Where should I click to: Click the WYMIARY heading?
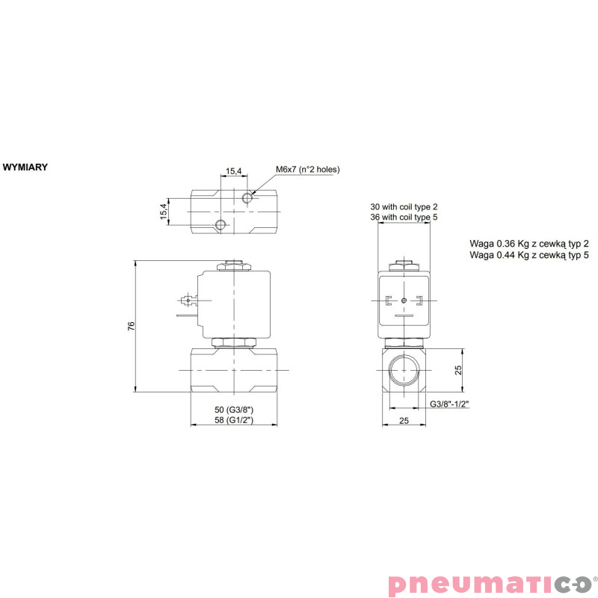point(25,167)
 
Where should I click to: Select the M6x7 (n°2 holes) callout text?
point(307,170)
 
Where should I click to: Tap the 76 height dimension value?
point(131,326)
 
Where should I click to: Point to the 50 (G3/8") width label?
point(234,410)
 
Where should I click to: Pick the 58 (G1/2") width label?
point(234,421)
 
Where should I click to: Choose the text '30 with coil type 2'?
point(404,206)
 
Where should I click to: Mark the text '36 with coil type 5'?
point(404,217)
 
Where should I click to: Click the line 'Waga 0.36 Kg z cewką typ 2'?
point(529,244)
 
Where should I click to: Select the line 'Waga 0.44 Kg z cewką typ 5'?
point(529,255)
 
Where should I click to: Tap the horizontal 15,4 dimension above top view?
point(234,171)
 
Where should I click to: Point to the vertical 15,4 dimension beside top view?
point(163,212)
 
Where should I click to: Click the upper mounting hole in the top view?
point(249,198)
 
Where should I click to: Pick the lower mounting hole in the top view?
point(220,225)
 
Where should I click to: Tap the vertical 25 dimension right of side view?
point(459,369)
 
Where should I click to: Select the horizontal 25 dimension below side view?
point(404,422)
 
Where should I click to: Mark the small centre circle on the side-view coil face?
point(404,300)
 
